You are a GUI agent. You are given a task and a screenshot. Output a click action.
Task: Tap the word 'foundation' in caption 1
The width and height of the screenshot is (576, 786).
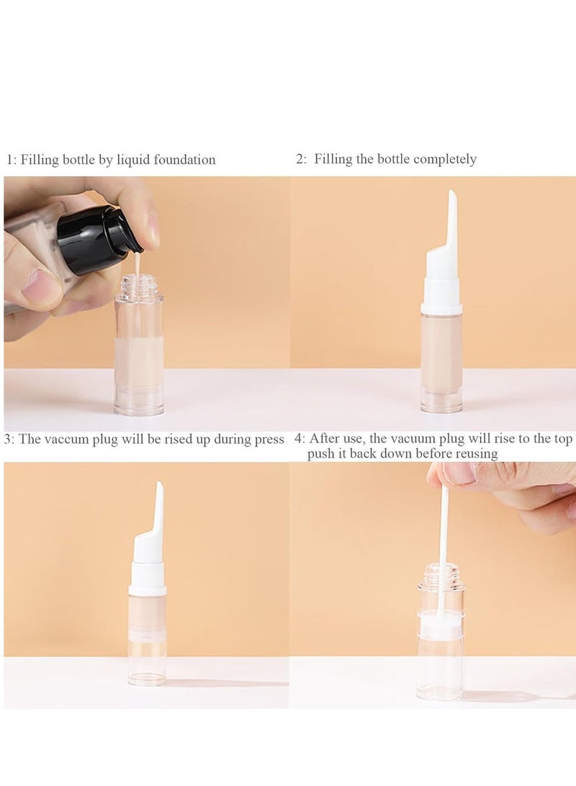point(184,159)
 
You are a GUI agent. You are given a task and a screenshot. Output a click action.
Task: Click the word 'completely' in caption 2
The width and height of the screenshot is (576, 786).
point(445,159)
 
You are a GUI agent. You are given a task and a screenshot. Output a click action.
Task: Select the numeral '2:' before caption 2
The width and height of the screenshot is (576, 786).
point(301,159)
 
